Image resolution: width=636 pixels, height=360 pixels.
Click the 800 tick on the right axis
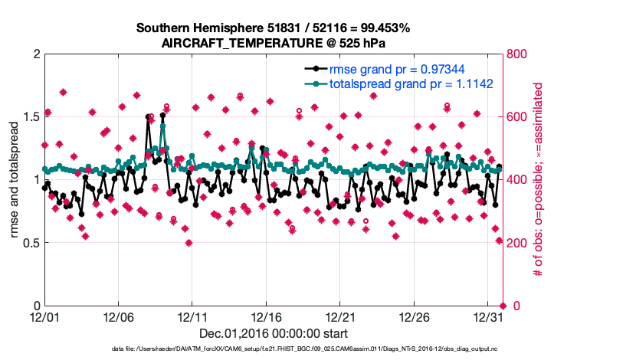(518, 54)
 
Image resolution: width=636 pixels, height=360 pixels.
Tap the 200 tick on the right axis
(518, 243)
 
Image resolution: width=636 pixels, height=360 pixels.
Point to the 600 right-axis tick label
(518, 117)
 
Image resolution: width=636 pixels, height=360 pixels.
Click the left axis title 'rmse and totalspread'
(15, 180)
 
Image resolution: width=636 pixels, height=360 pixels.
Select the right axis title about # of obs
(538, 180)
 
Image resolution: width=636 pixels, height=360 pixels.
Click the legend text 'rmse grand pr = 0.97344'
(394, 70)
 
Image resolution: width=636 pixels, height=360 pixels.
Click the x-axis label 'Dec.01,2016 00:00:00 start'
(274, 333)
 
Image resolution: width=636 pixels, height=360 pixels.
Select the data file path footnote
(273, 349)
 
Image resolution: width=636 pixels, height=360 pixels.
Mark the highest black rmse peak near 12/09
(163, 115)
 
